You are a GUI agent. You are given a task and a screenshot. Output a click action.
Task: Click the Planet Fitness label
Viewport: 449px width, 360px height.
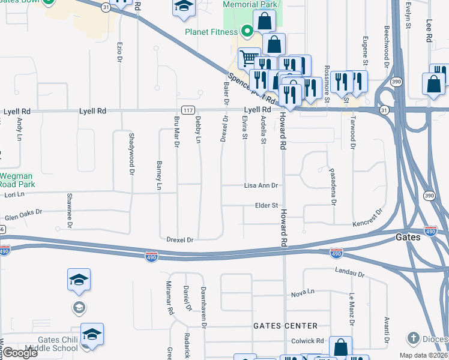coord(211,32)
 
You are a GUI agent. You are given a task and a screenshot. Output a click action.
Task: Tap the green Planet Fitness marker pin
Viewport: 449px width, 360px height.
coord(246,31)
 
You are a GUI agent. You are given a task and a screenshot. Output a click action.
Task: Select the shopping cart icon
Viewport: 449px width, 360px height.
coord(248,58)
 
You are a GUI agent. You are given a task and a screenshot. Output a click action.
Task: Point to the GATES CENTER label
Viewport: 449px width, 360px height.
coord(285,326)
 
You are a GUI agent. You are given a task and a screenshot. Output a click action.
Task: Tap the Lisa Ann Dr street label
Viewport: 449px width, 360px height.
coord(261,186)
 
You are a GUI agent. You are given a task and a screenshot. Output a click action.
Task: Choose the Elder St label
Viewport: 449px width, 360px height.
coord(267,205)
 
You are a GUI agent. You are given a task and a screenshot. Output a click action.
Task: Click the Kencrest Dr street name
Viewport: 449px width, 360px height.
coord(367,218)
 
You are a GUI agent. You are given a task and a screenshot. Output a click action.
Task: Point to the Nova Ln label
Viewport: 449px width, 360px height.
coord(303,293)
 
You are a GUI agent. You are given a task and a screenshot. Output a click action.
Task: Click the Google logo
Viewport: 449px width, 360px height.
coord(20,353)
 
